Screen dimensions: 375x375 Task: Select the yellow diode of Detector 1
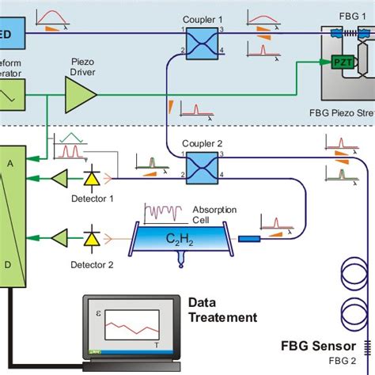coord(93,180)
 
